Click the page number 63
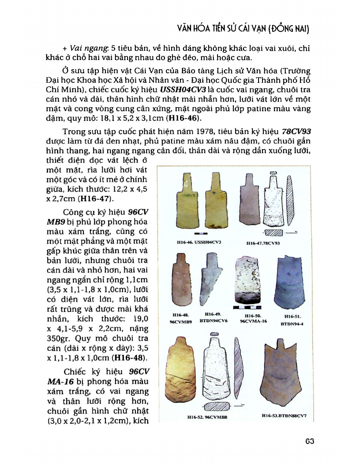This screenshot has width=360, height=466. coord(309,442)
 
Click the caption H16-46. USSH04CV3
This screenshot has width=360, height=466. coord(197,242)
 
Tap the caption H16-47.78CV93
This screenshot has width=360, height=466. coord(263,243)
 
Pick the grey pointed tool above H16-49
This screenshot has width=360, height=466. coord(209,280)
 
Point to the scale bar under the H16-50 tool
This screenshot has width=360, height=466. coord(245,308)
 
